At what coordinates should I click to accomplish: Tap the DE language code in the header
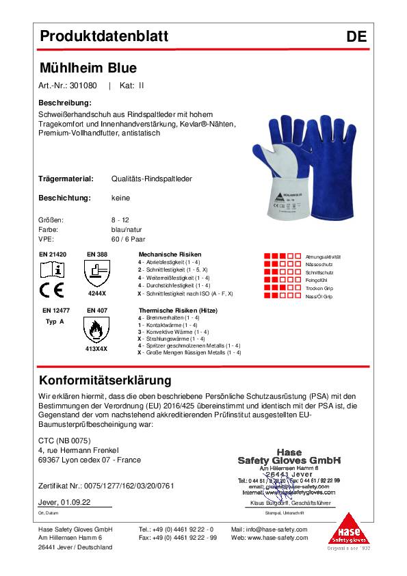356,37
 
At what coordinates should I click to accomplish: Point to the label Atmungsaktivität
323,257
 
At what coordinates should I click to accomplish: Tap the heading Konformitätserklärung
105,380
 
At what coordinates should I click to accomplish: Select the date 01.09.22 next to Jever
77,502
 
